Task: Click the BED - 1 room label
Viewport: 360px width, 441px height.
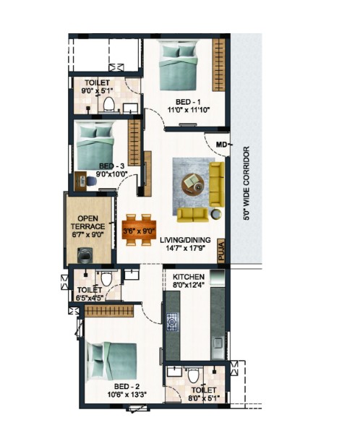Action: (x=188, y=101)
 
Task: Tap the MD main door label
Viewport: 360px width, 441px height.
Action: (x=221, y=145)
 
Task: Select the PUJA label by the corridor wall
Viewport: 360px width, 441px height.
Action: (x=221, y=251)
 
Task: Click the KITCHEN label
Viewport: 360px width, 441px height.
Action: (x=189, y=277)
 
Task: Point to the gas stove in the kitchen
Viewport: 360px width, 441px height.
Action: (x=172, y=322)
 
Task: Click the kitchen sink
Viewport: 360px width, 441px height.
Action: (x=218, y=343)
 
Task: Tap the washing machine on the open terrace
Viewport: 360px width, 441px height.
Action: (x=84, y=255)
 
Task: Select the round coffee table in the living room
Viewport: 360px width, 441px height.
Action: (x=193, y=184)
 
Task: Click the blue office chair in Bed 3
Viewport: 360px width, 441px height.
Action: (x=91, y=181)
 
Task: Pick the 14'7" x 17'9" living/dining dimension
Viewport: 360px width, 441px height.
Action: (x=185, y=248)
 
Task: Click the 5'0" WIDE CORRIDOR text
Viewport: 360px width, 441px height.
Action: (x=247, y=184)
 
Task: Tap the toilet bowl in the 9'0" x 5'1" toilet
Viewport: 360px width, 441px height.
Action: (x=108, y=104)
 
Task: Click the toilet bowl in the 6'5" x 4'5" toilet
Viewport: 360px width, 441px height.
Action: (x=106, y=279)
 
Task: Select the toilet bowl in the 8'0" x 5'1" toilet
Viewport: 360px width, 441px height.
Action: (x=193, y=376)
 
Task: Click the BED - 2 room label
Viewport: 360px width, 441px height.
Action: (x=127, y=387)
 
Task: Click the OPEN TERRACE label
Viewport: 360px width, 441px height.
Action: (x=87, y=223)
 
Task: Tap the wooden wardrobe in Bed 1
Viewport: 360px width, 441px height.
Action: (x=218, y=64)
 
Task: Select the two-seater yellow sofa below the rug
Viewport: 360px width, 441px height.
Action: (x=193, y=215)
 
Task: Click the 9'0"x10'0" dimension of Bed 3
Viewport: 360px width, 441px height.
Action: (x=112, y=174)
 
